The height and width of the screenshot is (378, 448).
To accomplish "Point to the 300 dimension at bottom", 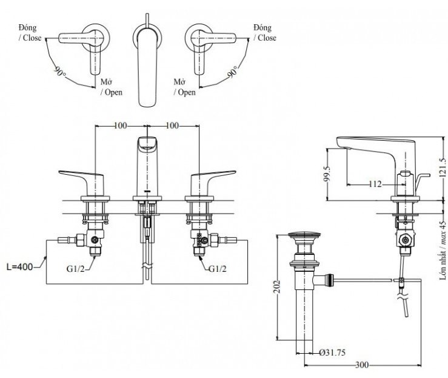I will tap(363, 365).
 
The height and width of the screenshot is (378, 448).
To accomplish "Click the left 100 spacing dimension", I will tap(121, 126).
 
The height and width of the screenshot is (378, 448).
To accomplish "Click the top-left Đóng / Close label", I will tap(30, 33).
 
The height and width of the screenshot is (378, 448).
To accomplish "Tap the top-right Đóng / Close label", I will tap(265, 33).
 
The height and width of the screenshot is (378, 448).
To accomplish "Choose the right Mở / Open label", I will tap(184, 87).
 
